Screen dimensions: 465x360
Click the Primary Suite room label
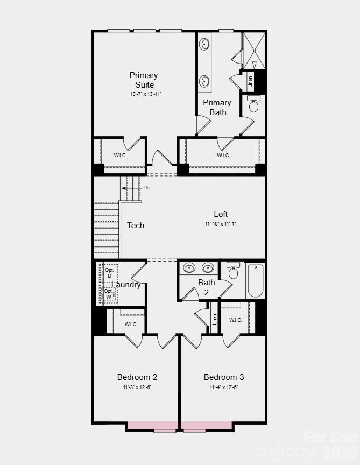[x=144, y=80]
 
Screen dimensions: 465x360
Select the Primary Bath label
[x=217, y=107]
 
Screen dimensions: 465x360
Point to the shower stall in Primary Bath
[x=254, y=51]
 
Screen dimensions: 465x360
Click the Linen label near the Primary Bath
[x=250, y=82]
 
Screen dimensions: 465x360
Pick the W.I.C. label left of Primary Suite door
[x=120, y=156]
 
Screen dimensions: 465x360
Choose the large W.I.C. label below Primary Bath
[x=223, y=156]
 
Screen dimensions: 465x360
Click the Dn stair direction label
[x=146, y=188]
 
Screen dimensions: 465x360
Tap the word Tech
[x=136, y=226]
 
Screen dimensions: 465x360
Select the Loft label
[x=221, y=214]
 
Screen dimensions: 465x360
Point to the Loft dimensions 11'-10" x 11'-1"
[x=221, y=223]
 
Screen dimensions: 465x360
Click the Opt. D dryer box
[x=110, y=273]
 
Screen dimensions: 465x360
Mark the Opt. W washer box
[x=109, y=293]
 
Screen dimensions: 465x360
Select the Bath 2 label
[x=207, y=287]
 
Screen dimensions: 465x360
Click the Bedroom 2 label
[x=137, y=377]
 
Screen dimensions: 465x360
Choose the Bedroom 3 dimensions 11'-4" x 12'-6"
[x=224, y=387]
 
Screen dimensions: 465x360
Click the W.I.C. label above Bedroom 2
[x=131, y=324]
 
